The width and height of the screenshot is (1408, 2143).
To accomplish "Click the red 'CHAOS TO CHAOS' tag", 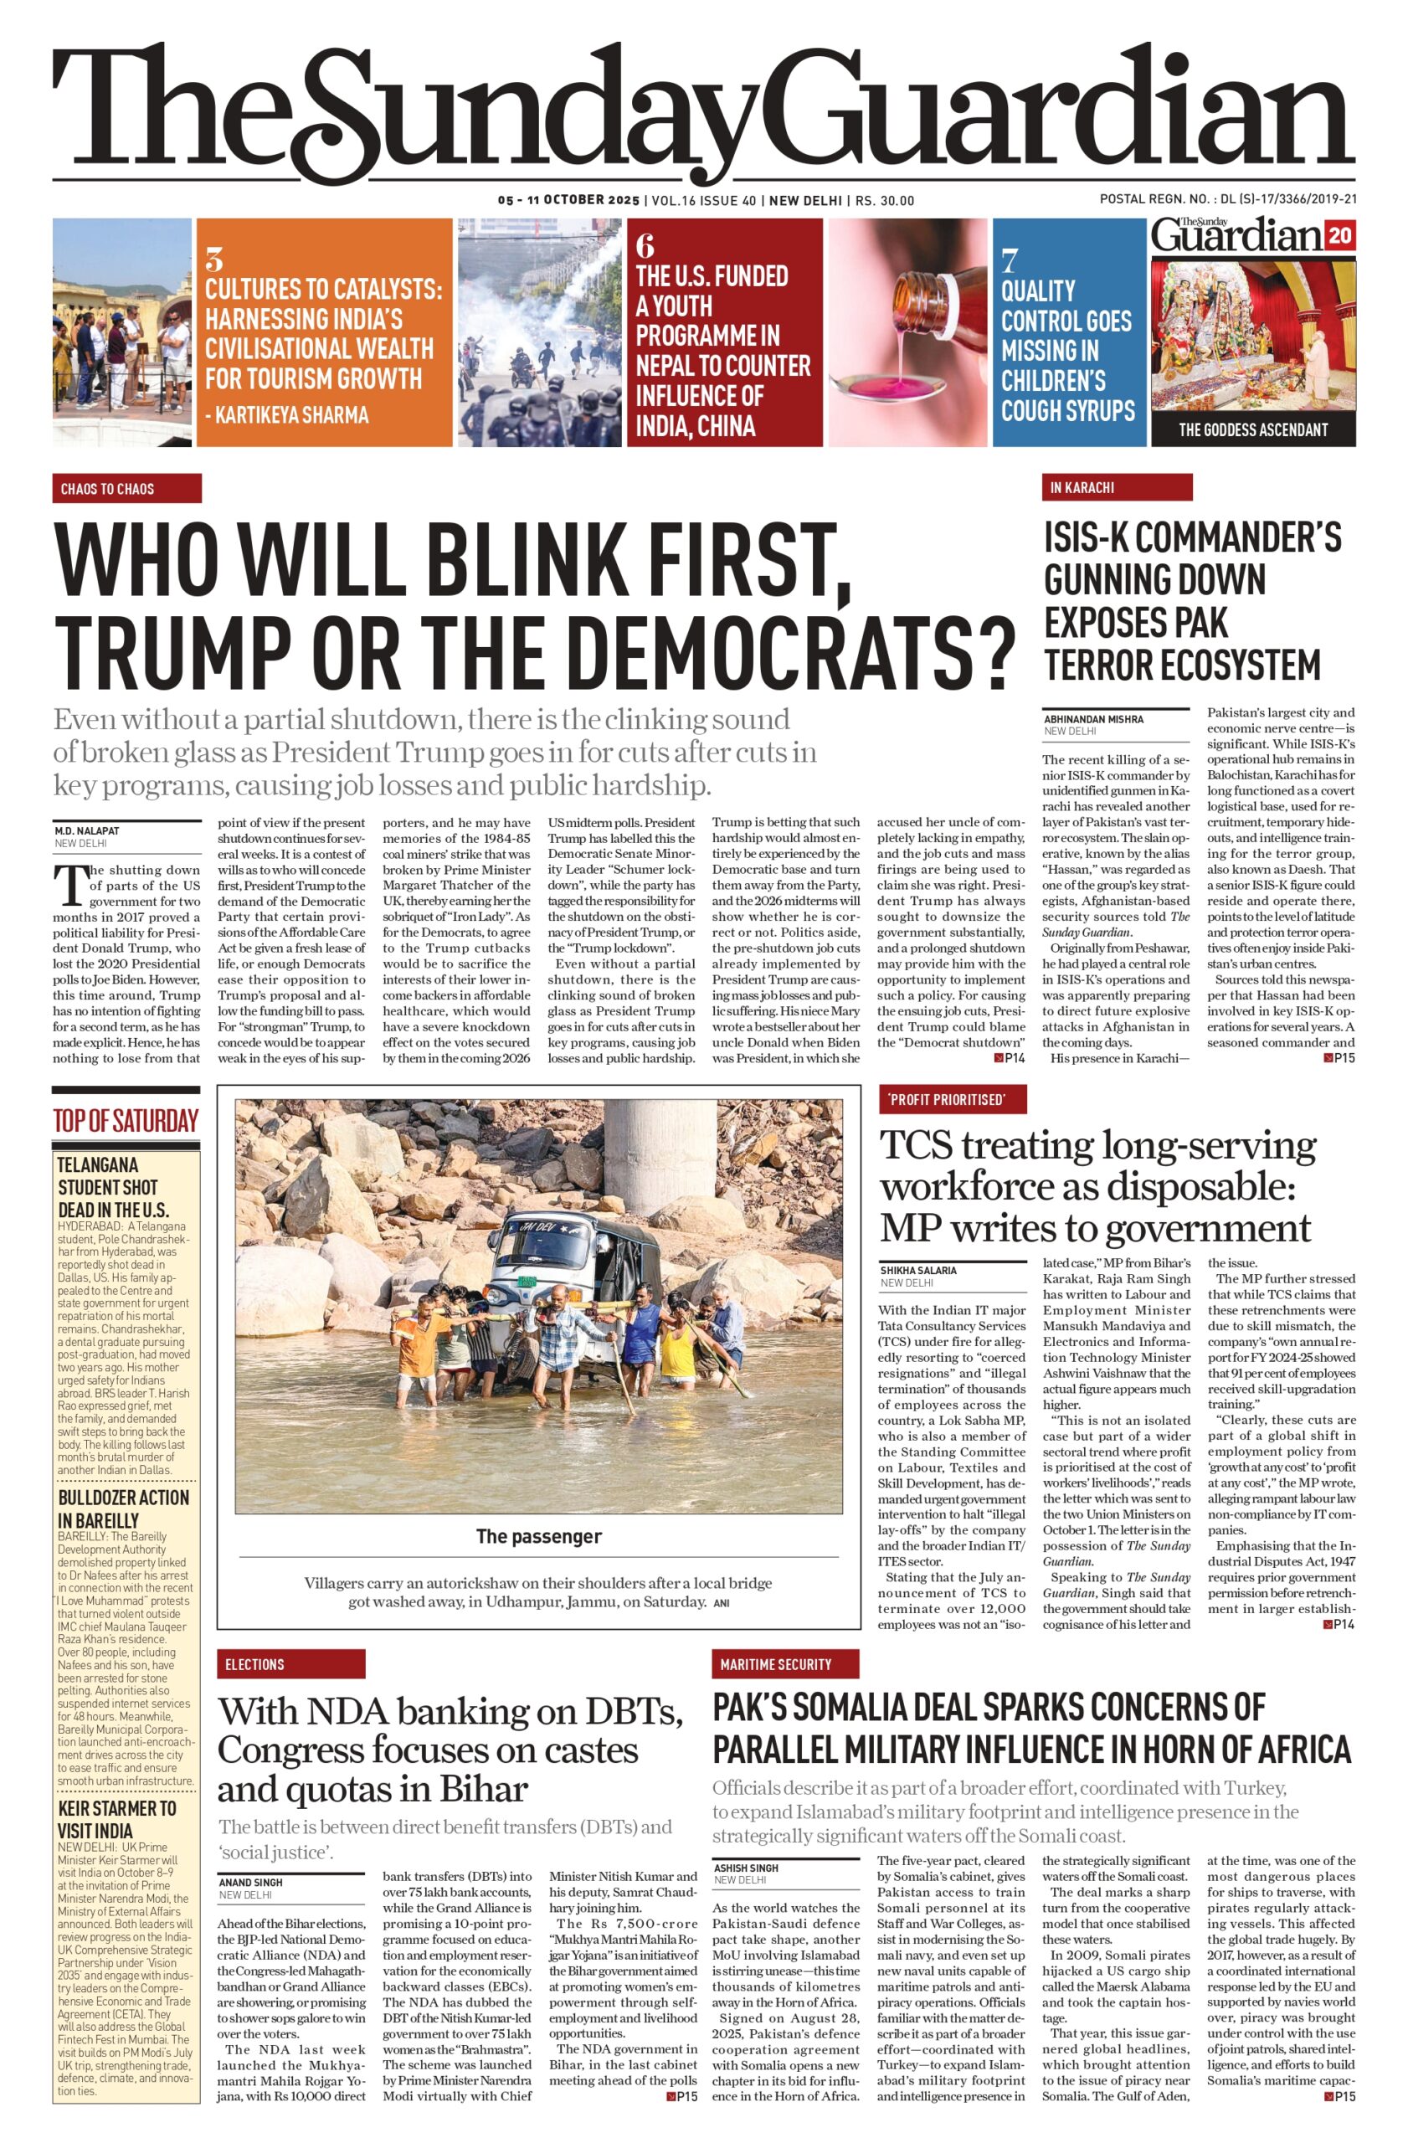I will tap(126, 489).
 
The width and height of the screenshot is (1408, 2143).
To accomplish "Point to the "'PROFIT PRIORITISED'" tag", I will tap(953, 1099).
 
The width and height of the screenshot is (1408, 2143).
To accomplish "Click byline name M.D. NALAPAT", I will tap(86, 831).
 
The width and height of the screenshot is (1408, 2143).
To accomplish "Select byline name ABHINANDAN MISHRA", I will tap(1093, 719).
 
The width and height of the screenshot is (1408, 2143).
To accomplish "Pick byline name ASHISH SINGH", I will tap(747, 1868).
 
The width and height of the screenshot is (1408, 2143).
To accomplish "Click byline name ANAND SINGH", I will tap(250, 1883).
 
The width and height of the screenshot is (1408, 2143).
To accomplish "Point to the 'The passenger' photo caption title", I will tap(538, 1537).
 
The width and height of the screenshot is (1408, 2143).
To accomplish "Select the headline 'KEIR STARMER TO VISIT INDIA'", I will tap(117, 1820).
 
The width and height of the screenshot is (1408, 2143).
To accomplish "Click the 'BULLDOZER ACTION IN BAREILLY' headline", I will tap(123, 1509).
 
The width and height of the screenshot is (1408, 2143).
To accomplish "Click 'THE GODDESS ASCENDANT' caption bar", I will tap(1252, 429).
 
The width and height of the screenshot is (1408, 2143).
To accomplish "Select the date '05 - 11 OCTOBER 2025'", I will tap(568, 201).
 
